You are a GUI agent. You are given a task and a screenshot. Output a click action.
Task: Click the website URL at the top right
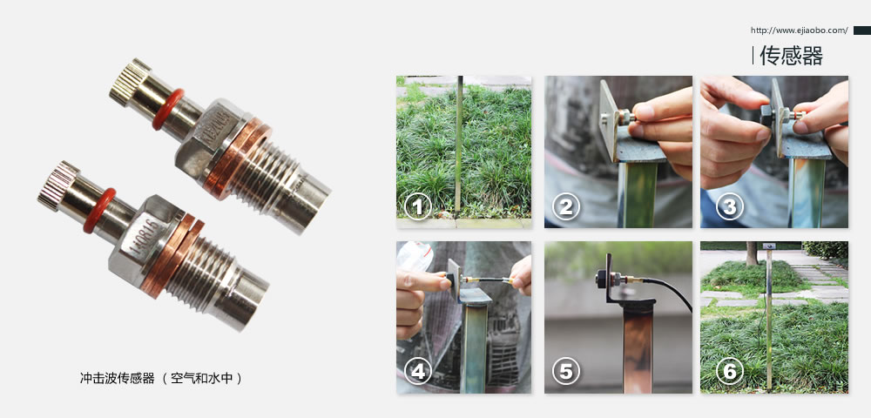pyautogui.click(x=799, y=30)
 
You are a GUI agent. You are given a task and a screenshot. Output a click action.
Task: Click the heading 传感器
pyautogui.click(x=791, y=56)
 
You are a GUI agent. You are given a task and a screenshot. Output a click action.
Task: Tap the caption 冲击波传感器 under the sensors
pyautogui.click(x=118, y=379)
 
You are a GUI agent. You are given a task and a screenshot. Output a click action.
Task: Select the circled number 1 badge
pyautogui.click(x=418, y=206)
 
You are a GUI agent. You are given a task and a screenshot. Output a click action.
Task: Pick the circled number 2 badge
pyautogui.click(x=566, y=206)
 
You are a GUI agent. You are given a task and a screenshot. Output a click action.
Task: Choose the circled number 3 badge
pyautogui.click(x=729, y=206)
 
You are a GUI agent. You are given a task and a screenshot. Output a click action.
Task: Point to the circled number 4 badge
pyautogui.click(x=418, y=371)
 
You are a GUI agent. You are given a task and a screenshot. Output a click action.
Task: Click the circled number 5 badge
pyautogui.click(x=566, y=371)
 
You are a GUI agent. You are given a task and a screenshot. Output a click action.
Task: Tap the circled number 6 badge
pyautogui.click(x=729, y=371)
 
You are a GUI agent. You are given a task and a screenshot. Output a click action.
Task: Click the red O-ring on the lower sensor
pyautogui.click(x=99, y=210)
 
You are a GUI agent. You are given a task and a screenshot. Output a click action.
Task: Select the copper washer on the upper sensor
pyautogui.click(x=237, y=157)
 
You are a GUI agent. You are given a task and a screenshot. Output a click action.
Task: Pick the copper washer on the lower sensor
pyautogui.click(x=171, y=255)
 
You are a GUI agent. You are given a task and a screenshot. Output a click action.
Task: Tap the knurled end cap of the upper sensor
pyautogui.click(x=129, y=81)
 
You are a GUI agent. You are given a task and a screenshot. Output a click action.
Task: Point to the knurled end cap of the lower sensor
pyautogui.click(x=57, y=186)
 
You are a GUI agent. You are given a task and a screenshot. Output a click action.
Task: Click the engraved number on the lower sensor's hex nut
pyautogui.click(x=141, y=239)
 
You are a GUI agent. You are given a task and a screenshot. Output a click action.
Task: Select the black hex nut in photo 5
pyautogui.click(x=601, y=278)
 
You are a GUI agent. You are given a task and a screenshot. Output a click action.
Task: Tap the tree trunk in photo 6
pyautogui.click(x=752, y=253)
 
